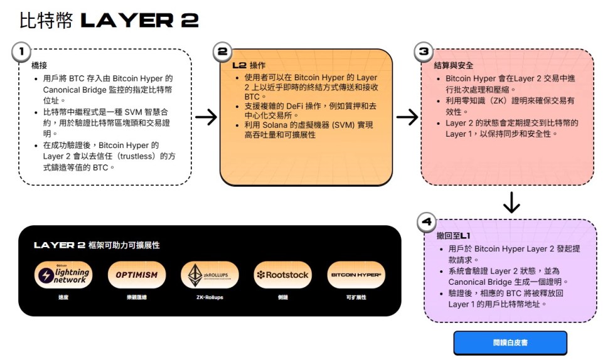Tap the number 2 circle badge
point(222,52)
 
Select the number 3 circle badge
point(424,52)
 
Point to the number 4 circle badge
point(427,222)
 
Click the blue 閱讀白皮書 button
point(510,343)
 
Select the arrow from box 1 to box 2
point(206,117)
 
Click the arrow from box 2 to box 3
point(407,117)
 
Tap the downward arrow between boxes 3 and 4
point(511,202)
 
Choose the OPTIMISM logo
point(137,275)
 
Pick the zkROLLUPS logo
point(210,275)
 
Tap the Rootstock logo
point(282,275)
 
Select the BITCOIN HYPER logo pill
point(356,275)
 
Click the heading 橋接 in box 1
point(38,65)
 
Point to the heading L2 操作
point(249,65)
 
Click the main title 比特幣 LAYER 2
point(109,21)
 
